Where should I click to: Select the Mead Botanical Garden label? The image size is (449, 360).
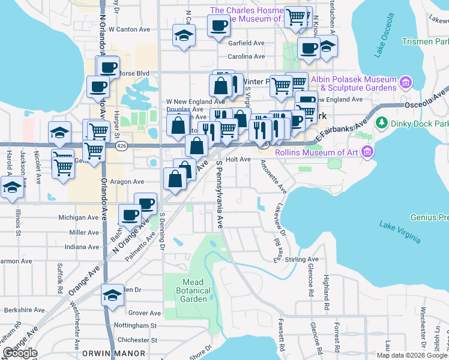point(193,290)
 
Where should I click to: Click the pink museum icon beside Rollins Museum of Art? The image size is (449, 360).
point(369,152)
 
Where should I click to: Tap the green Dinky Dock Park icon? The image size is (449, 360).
point(381,123)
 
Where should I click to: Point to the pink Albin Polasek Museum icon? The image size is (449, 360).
point(406,81)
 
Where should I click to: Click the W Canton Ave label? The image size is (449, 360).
point(134,29)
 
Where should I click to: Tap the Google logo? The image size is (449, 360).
point(20,353)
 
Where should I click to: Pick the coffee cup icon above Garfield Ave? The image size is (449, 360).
point(218,25)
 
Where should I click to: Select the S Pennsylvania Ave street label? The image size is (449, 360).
point(219,194)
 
